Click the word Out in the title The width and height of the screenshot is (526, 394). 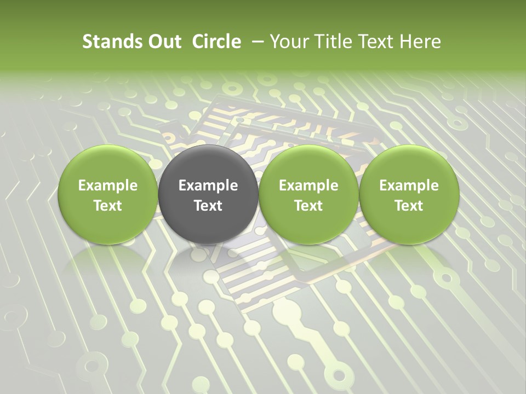(x=164, y=42)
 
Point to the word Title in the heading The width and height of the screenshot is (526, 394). (x=331, y=42)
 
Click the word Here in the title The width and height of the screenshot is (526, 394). (x=420, y=42)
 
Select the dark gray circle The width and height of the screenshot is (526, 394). (x=208, y=194)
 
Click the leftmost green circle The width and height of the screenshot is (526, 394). (x=107, y=194)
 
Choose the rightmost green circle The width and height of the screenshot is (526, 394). (x=409, y=194)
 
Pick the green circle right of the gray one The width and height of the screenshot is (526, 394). (x=308, y=194)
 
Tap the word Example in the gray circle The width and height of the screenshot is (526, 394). (x=208, y=186)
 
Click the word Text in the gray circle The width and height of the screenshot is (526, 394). (x=208, y=206)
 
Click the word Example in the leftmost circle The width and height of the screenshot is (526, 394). (x=107, y=186)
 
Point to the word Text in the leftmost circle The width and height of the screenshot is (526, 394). (x=107, y=206)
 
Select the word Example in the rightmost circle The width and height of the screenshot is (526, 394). (x=409, y=186)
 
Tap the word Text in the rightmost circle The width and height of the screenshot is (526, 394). (x=409, y=206)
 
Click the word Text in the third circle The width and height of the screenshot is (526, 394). (x=308, y=206)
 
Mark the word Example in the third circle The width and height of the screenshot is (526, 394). (x=308, y=186)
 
